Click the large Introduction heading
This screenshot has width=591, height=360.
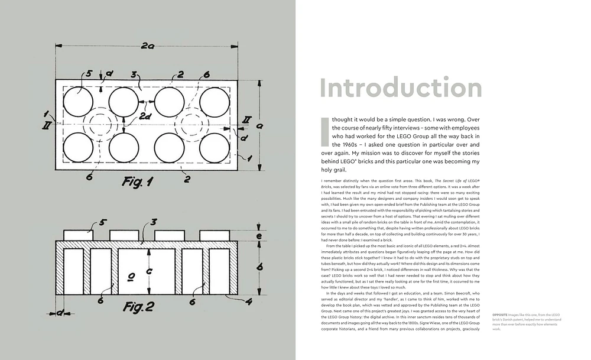[401, 87]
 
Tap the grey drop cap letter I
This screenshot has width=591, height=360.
[323, 131]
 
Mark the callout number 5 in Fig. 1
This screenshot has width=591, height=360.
[89, 74]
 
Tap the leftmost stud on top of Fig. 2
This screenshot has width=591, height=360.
[78, 235]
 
